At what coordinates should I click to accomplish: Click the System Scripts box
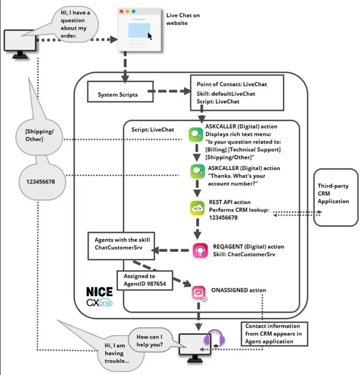[x=120, y=92]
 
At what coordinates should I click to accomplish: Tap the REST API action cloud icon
[x=197, y=208]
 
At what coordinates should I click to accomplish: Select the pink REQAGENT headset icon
[x=200, y=250]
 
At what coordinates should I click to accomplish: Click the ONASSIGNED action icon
[x=199, y=293]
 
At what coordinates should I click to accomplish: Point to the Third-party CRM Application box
[x=336, y=197]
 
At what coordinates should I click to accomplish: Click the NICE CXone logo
[x=99, y=297]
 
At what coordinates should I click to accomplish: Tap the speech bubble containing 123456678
[x=42, y=182]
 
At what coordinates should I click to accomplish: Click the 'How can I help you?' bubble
[x=150, y=340]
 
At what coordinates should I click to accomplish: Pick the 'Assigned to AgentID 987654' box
[x=145, y=280]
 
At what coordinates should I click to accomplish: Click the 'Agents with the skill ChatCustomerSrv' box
[x=121, y=246]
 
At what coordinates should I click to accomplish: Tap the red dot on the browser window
[x=122, y=11]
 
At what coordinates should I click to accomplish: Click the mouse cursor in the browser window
[x=150, y=36]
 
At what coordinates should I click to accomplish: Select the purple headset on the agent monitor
[x=215, y=338]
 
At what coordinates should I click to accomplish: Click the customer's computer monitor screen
[x=20, y=40]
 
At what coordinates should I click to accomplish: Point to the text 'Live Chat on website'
[x=183, y=19]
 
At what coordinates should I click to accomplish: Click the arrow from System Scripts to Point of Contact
[x=169, y=91]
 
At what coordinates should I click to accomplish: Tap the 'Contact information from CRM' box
[x=274, y=334]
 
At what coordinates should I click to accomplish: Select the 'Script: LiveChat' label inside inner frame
[x=153, y=130]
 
